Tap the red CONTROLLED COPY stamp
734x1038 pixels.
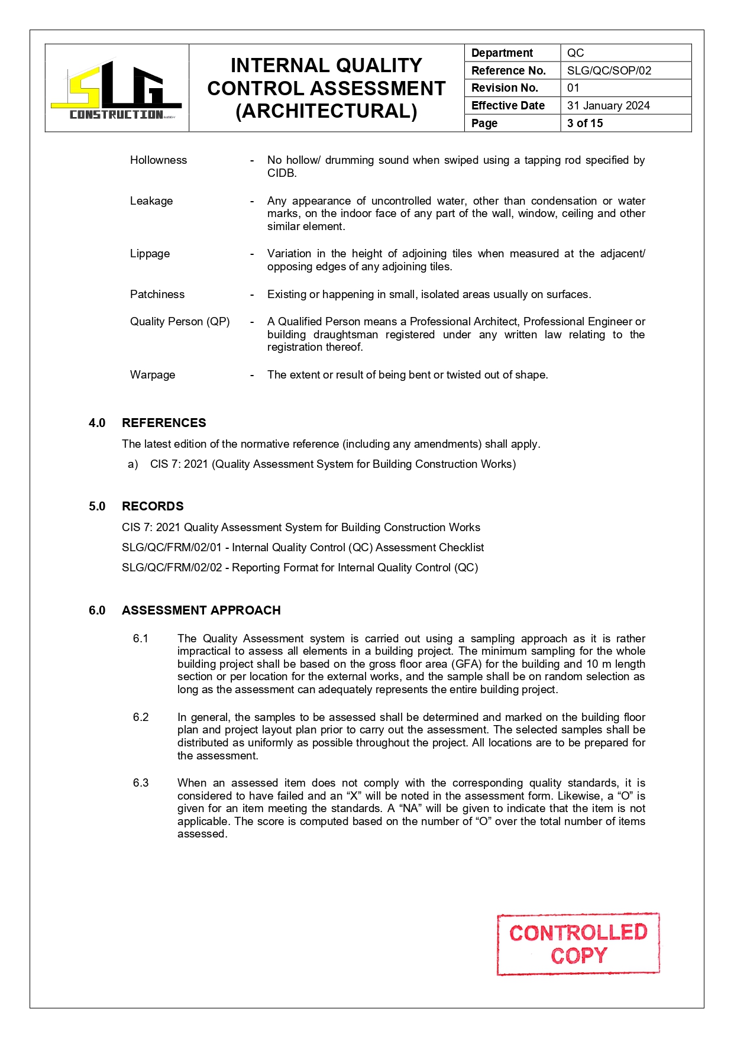578,943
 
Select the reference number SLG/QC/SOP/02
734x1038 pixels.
609,70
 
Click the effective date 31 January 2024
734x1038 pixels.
608,105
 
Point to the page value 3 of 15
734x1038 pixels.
584,123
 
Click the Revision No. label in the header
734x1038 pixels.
505,88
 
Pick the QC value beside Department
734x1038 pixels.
575,53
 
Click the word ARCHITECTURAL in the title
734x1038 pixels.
326,111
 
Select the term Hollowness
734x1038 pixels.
159,160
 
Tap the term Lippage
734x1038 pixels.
150,253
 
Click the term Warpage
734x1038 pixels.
153,374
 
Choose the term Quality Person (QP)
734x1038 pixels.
180,321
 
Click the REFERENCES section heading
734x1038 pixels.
164,422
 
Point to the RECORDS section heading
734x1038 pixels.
153,506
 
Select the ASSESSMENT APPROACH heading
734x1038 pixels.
201,610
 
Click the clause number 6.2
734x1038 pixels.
141,717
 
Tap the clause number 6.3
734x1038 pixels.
141,782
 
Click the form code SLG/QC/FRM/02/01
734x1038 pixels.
172,547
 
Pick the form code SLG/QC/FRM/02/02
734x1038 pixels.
172,567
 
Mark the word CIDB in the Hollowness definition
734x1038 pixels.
281,173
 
